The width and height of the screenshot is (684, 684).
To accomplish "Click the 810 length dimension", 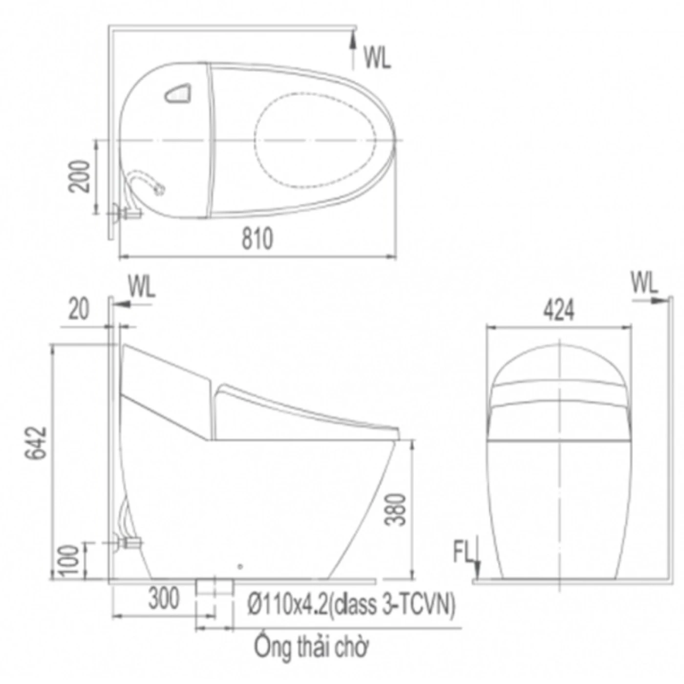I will click(257, 239).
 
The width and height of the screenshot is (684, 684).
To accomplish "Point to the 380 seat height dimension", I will click(395, 510).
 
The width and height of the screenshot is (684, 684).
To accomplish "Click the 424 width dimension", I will click(559, 311).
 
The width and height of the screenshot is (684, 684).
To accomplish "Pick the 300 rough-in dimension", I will click(164, 598).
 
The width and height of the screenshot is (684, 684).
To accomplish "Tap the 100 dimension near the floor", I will click(70, 560).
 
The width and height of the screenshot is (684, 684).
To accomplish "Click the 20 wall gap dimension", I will click(79, 309).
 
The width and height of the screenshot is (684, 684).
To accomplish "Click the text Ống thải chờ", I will click(311, 647).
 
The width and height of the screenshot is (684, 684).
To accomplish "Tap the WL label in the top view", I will click(377, 58).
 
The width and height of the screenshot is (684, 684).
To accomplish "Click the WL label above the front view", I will click(644, 283).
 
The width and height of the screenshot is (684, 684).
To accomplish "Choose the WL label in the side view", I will click(141, 287).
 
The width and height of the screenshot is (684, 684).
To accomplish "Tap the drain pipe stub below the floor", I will click(214, 596).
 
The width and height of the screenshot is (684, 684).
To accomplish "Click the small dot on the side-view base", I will click(239, 566).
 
